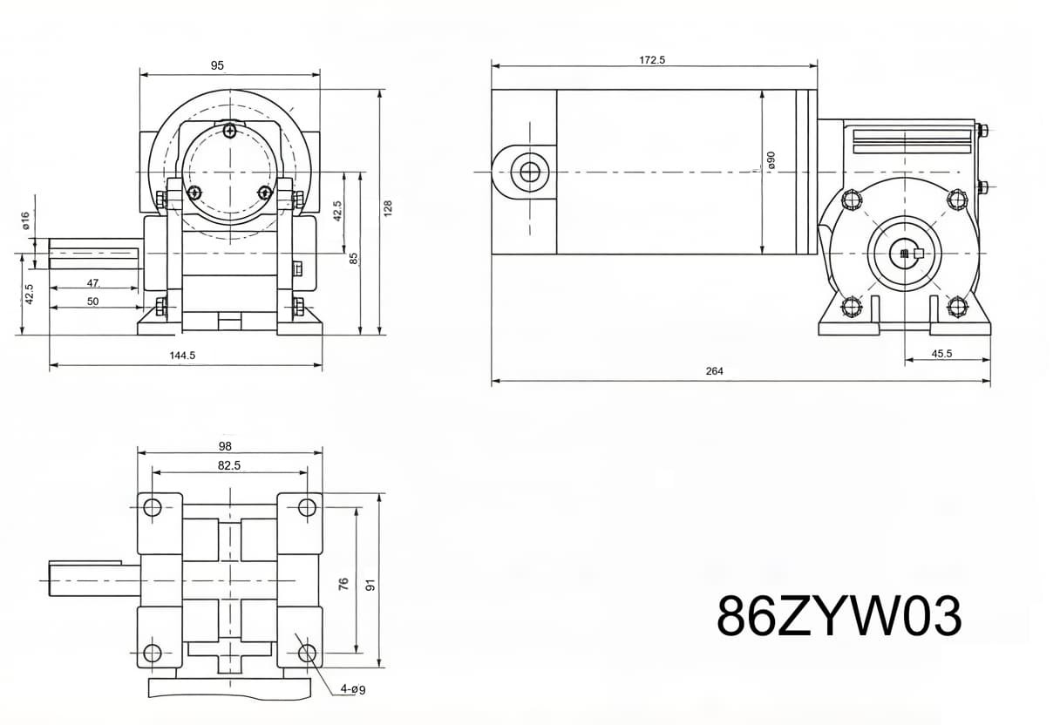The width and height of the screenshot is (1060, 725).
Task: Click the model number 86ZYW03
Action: point(839,616)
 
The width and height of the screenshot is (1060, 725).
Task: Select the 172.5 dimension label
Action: point(652,60)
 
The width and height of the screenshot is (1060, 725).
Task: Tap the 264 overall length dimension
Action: point(714,371)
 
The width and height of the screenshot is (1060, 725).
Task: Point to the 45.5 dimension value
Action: point(941,354)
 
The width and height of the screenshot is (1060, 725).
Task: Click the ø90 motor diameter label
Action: point(771,160)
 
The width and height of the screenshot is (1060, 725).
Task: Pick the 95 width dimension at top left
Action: point(217,65)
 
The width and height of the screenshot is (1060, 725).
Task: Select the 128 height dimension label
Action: point(389,209)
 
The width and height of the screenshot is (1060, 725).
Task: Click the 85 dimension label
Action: point(354,259)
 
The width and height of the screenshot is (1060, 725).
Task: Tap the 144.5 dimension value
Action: point(182,356)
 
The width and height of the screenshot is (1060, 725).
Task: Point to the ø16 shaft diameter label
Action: point(26,220)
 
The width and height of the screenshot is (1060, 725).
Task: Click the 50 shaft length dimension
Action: point(92,302)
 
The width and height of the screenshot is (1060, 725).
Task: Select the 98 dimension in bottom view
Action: point(225,446)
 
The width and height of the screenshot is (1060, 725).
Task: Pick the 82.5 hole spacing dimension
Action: point(228,466)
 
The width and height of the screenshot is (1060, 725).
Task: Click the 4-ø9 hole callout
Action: point(352,689)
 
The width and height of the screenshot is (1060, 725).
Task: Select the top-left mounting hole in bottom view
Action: point(153,507)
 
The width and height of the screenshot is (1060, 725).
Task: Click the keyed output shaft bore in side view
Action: point(913,254)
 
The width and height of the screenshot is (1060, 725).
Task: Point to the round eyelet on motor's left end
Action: point(529,172)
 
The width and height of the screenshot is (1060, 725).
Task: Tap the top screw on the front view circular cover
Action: point(228,132)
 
